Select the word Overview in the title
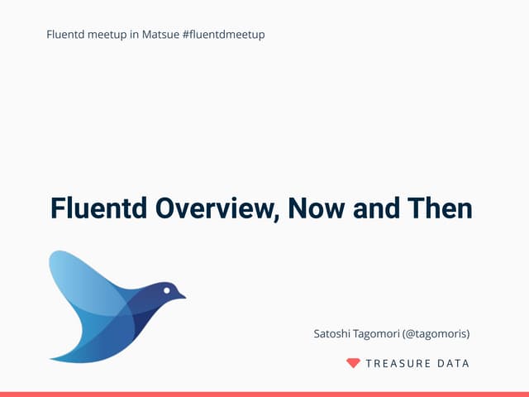215,208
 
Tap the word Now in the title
317,208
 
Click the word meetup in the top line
103,34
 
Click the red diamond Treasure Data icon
353,363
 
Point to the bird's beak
181,295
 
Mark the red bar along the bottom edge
264,394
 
